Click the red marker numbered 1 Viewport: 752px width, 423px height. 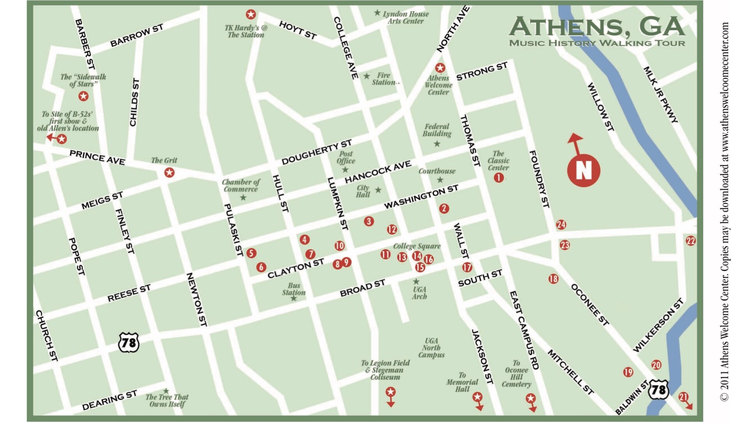[x=498, y=178]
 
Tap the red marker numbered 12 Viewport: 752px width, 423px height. [x=392, y=229]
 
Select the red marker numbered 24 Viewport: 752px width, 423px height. [x=561, y=224]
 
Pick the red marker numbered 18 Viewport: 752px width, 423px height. [x=553, y=279]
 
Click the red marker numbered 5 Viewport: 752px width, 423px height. [x=251, y=253]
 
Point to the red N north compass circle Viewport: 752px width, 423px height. [x=583, y=170]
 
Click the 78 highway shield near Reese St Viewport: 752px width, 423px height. [x=129, y=343]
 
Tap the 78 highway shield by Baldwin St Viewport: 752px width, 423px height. [x=658, y=390]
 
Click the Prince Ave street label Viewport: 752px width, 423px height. [x=97, y=157]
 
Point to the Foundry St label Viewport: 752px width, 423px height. [x=539, y=179]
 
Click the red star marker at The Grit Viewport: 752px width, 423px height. [x=169, y=172]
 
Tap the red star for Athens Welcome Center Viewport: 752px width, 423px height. [x=440, y=68]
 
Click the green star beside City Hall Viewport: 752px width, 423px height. [x=378, y=190]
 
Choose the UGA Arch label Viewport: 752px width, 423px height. [x=419, y=293]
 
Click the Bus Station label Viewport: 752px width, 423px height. [x=294, y=289]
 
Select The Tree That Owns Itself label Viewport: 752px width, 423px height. [x=167, y=400]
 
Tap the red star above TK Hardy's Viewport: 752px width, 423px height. [x=251, y=15]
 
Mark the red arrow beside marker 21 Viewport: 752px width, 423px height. [x=689, y=405]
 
